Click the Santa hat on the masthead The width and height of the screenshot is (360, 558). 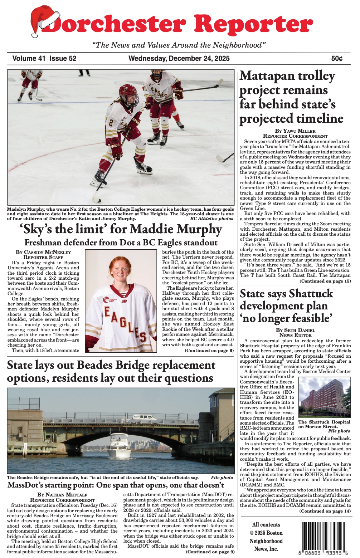point(45,21)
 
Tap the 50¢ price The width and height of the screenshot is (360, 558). point(337,58)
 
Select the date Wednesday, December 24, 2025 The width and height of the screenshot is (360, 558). point(179,58)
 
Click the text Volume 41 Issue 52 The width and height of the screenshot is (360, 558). point(44,58)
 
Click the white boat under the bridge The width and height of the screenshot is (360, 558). point(119,445)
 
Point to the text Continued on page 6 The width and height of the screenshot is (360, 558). point(209,351)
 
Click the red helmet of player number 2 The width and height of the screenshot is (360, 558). point(128,92)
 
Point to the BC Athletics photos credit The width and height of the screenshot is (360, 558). point(211,218)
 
